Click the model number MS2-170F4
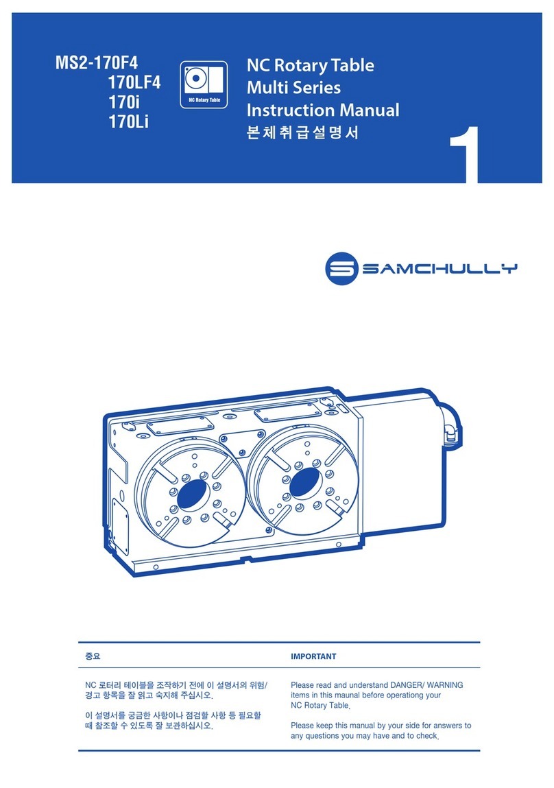[x=97, y=64]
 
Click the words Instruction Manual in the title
[x=322, y=110]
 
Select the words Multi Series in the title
[x=293, y=88]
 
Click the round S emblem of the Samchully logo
[x=341, y=270]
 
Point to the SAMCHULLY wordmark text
[x=439, y=270]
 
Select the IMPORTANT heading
[x=313, y=656]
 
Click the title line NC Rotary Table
[x=310, y=66]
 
